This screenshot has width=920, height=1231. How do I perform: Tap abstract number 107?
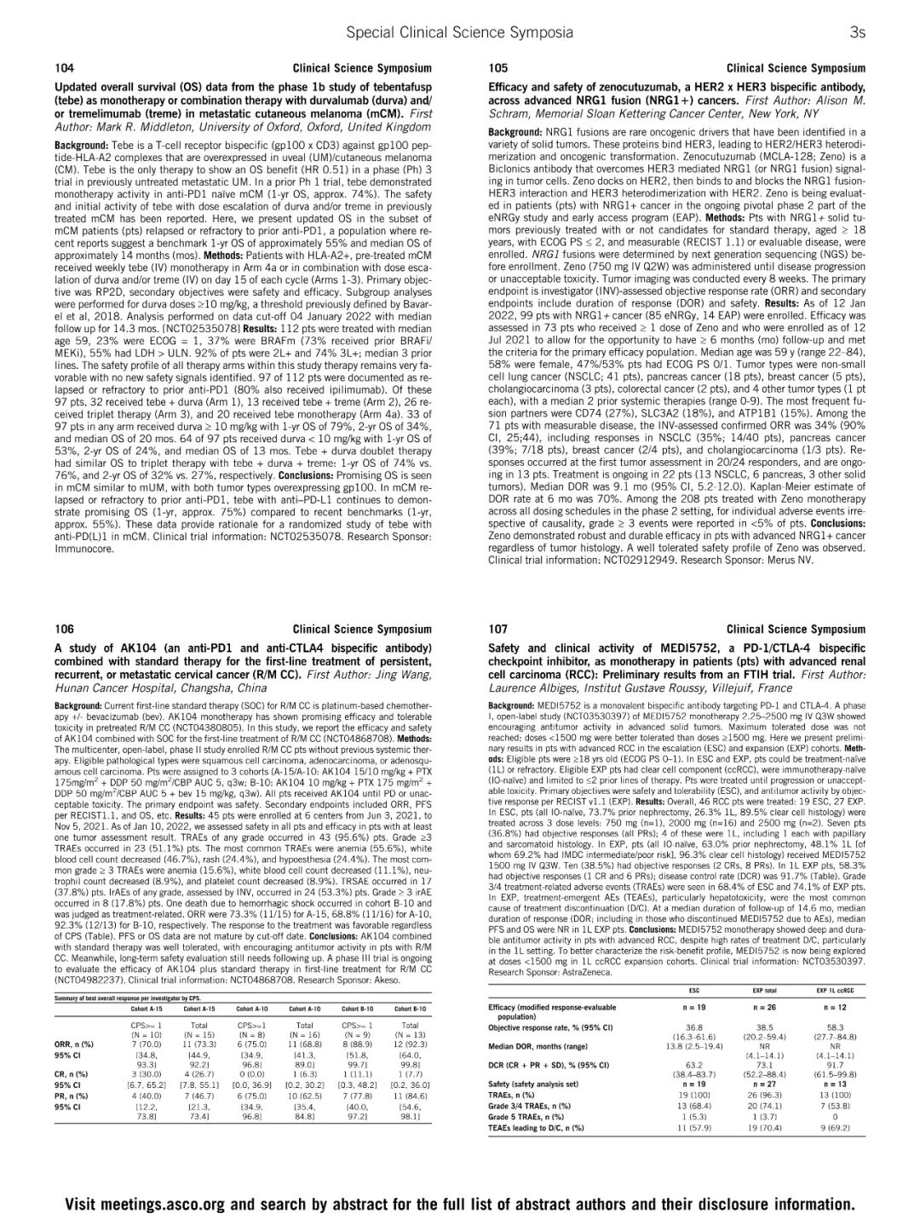(498, 630)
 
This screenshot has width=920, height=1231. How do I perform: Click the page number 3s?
(857, 32)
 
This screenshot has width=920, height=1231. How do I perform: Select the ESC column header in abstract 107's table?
(693, 991)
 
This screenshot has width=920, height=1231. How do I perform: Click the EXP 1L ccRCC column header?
(835, 991)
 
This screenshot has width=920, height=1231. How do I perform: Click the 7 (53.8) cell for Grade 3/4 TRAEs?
(835, 1106)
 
